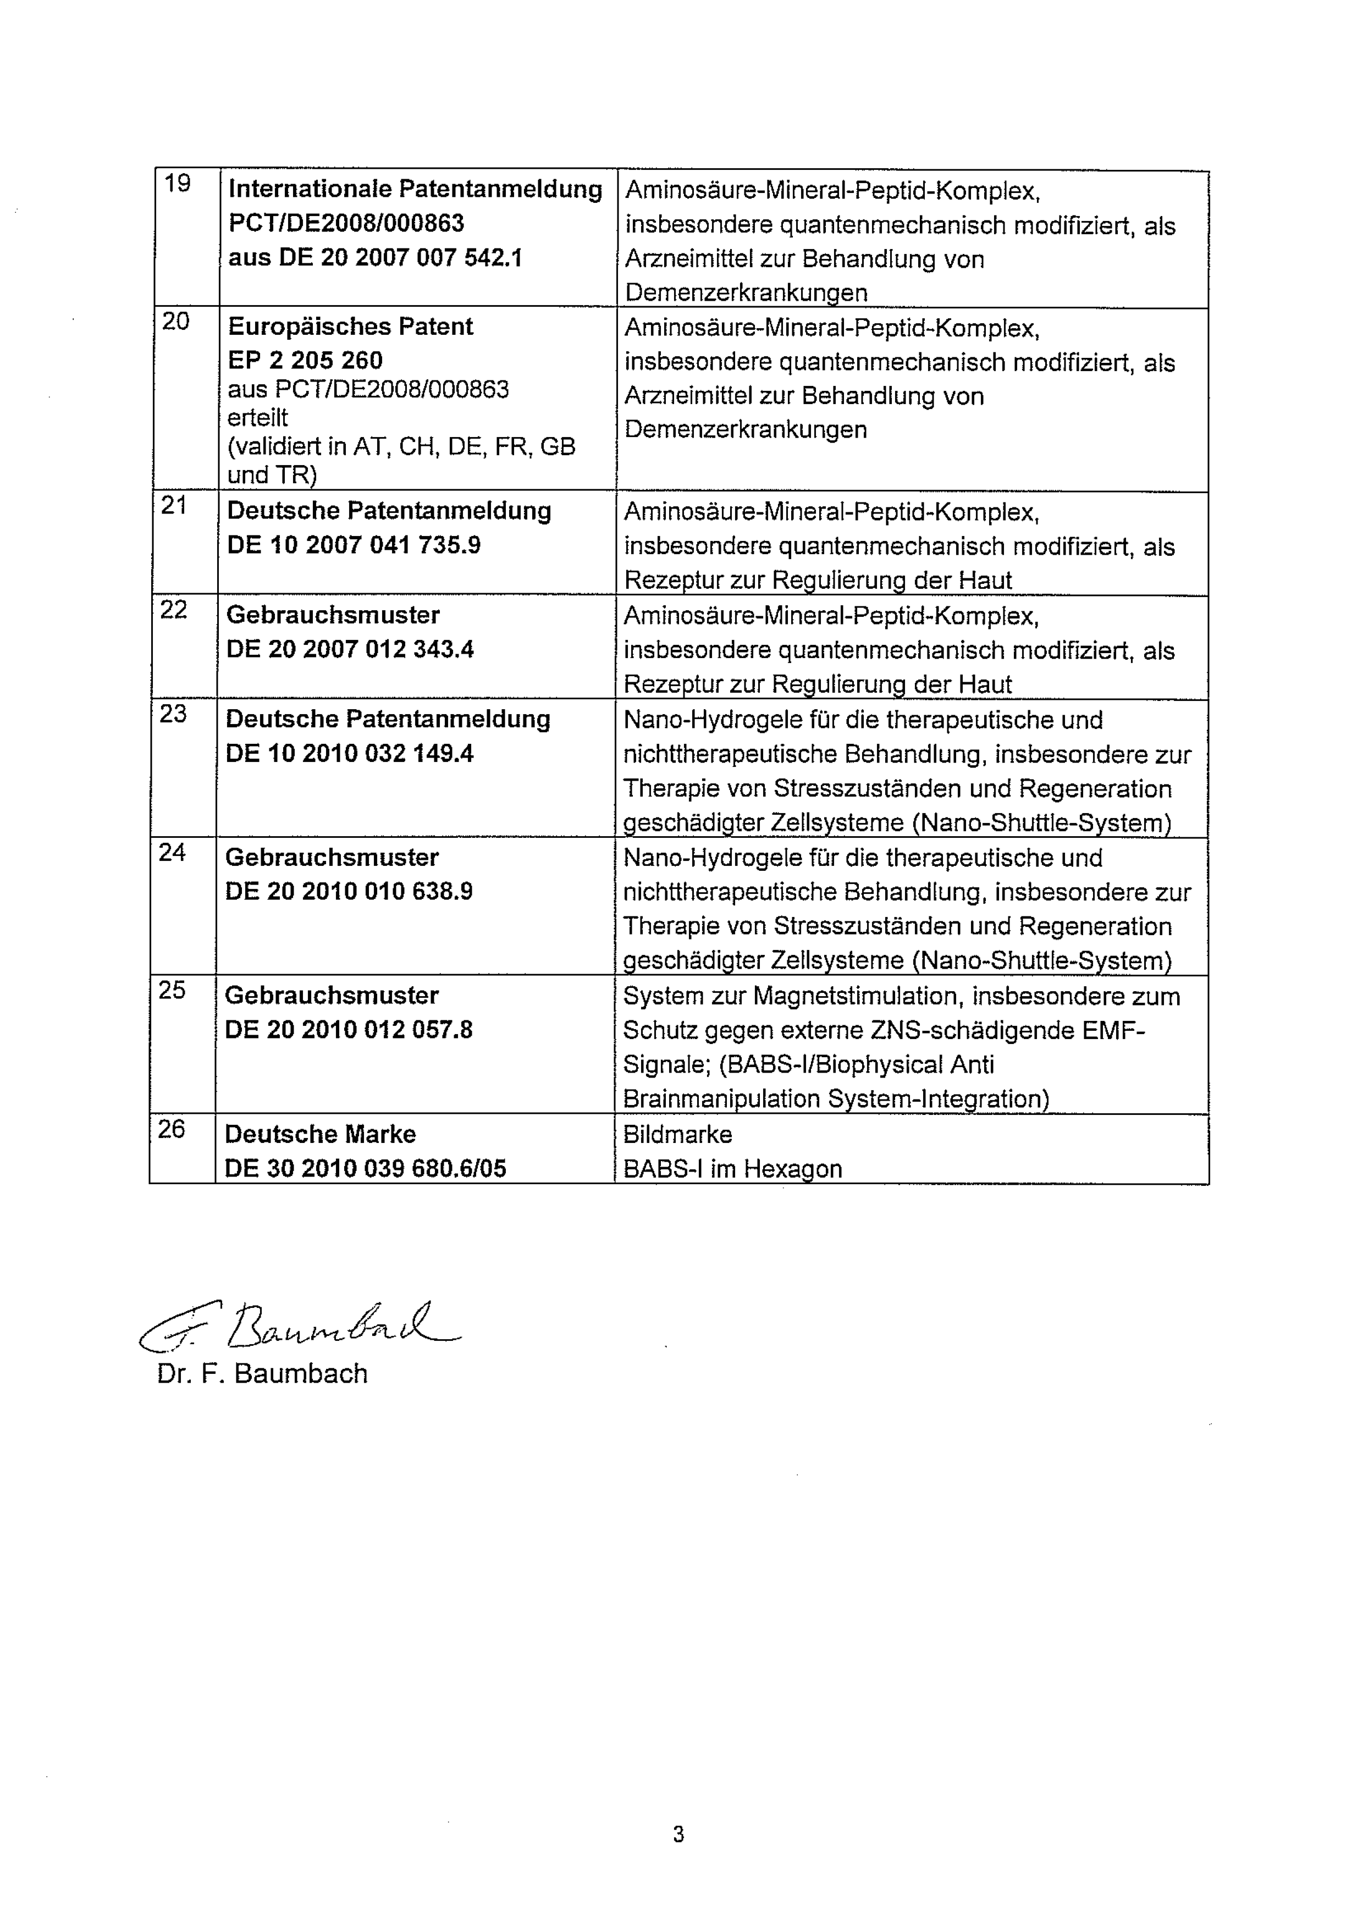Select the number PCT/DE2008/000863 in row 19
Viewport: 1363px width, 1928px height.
[346, 223]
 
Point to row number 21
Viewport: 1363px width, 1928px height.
[174, 506]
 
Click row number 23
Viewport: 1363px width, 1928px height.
[173, 714]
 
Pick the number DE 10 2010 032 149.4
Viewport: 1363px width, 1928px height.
[349, 753]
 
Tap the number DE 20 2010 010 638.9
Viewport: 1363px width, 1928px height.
[349, 891]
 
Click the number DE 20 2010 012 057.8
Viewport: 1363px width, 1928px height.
[349, 1030]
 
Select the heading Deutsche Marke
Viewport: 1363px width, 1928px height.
[320, 1135]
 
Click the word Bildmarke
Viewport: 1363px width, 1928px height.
[677, 1135]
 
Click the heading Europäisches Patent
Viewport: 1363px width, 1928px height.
[350, 327]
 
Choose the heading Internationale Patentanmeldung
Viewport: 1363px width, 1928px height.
[415, 190]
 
